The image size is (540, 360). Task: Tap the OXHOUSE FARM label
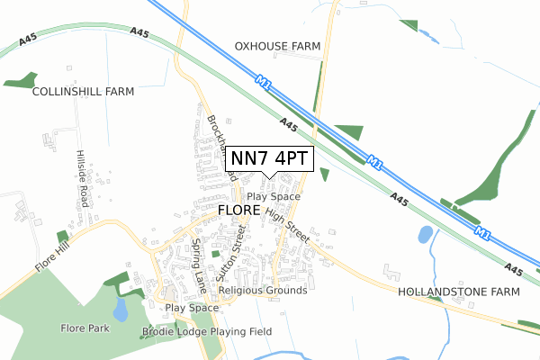click(278, 45)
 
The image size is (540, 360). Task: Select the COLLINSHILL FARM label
click(83, 92)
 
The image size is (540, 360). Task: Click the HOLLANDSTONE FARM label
click(459, 292)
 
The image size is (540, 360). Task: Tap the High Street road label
click(287, 224)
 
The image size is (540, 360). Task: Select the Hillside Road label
click(82, 178)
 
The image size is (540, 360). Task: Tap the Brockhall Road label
click(220, 144)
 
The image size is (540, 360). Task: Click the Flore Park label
click(85, 328)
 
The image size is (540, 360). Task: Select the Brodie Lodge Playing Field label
click(206, 332)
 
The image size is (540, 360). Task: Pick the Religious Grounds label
click(263, 291)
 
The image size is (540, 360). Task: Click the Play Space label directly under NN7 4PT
click(274, 196)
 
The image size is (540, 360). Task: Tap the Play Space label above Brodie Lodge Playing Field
click(192, 308)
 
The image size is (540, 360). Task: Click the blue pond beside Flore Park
click(121, 310)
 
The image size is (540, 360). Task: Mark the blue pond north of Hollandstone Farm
click(425, 236)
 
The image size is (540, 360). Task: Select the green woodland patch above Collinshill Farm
click(20, 81)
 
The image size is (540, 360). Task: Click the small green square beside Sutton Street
click(216, 254)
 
